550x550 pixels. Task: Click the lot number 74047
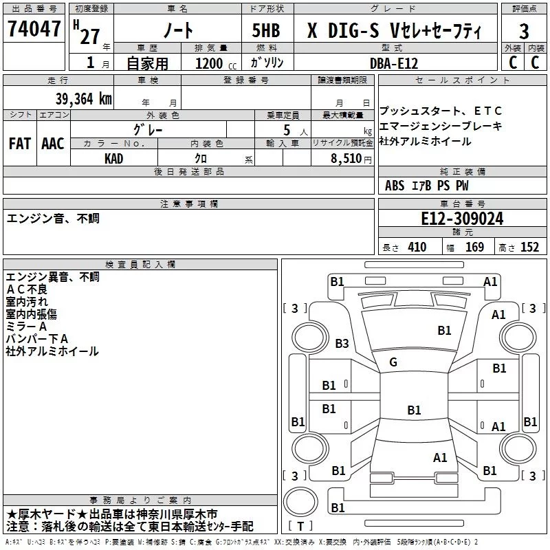point(34,28)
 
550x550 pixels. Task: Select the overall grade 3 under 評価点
point(524,31)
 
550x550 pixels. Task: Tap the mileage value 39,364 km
point(83,99)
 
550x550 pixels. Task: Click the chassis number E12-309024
point(462,219)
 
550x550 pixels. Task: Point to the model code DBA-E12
point(394,63)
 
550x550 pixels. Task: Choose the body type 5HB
point(266,30)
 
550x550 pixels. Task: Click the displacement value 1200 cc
point(216,63)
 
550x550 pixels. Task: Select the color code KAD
point(113,159)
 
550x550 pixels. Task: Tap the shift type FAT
point(20,144)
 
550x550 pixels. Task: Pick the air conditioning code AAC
point(53,144)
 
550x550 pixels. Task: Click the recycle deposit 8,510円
point(351,159)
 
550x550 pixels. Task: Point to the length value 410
point(417,247)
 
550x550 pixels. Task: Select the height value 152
point(529,247)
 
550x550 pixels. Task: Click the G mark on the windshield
point(393,362)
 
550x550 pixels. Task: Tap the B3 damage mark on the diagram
point(342,343)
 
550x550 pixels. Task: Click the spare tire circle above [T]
point(300,502)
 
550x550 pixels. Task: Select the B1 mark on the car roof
point(414,410)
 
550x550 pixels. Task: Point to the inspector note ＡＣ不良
point(27,289)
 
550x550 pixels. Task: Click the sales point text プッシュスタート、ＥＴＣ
point(441,111)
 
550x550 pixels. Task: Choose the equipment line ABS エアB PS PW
point(426,186)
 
